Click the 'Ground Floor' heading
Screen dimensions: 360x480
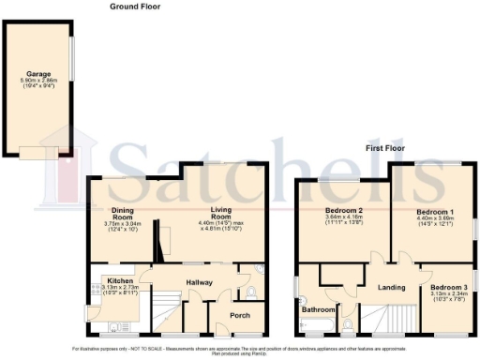[x=135, y=6]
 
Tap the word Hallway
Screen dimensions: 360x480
[x=198, y=282]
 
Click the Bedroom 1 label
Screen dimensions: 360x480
[x=435, y=212]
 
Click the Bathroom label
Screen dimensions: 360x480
[x=317, y=308]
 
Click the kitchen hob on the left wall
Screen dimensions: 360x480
[x=92, y=312]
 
